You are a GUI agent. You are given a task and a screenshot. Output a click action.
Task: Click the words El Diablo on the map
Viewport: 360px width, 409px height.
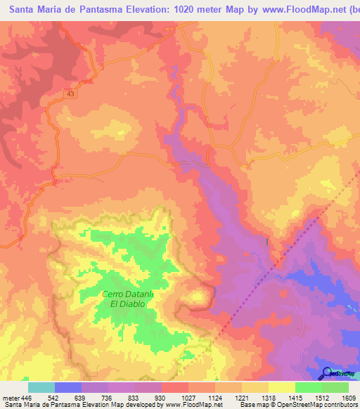pyautogui.click(x=127, y=304)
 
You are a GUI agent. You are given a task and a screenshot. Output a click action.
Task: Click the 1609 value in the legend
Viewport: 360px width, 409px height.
pyautogui.click(x=348, y=397)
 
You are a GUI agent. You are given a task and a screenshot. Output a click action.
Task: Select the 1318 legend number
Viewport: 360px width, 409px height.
pyautogui.click(x=268, y=397)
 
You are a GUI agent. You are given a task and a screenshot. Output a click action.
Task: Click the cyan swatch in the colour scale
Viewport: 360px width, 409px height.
pyautogui.click(x=41, y=387)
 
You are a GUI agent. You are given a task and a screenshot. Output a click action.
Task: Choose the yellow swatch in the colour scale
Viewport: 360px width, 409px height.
pyautogui.click(x=281, y=387)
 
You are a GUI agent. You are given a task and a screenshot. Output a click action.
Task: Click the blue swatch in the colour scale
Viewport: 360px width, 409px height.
pyautogui.click(x=68, y=387)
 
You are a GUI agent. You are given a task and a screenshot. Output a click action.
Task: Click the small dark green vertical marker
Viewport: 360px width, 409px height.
pyautogui.click(x=267, y=242)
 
